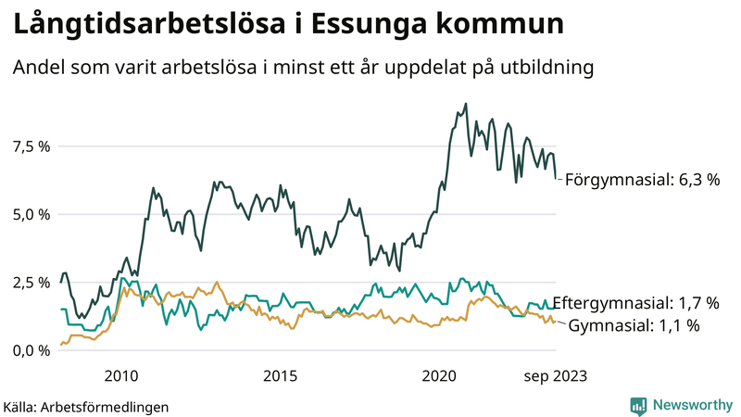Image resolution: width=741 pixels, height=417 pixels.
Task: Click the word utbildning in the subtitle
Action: pyautogui.click(x=546, y=68)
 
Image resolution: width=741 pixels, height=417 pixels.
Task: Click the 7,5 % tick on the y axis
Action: pyautogui.click(x=30, y=146)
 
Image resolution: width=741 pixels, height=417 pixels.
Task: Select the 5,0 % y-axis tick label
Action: pyautogui.click(x=30, y=214)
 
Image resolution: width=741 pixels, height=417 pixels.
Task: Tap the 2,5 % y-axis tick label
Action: pyautogui.click(x=30, y=282)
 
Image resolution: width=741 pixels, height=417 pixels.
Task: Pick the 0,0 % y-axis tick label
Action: pyautogui.click(x=30, y=350)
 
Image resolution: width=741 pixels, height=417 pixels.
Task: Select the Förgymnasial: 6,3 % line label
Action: pyautogui.click(x=642, y=180)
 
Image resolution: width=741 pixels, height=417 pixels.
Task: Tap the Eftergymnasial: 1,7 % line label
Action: pyautogui.click(x=635, y=303)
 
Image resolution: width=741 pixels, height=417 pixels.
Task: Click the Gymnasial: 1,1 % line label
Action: pyautogui.click(x=634, y=325)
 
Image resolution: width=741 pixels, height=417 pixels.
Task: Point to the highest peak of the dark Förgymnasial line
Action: pyautogui.click(x=465, y=104)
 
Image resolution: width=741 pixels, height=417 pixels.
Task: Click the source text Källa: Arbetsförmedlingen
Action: pyautogui.click(x=86, y=406)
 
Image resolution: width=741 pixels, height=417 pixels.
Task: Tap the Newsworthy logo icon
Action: pyautogui.click(x=638, y=405)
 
